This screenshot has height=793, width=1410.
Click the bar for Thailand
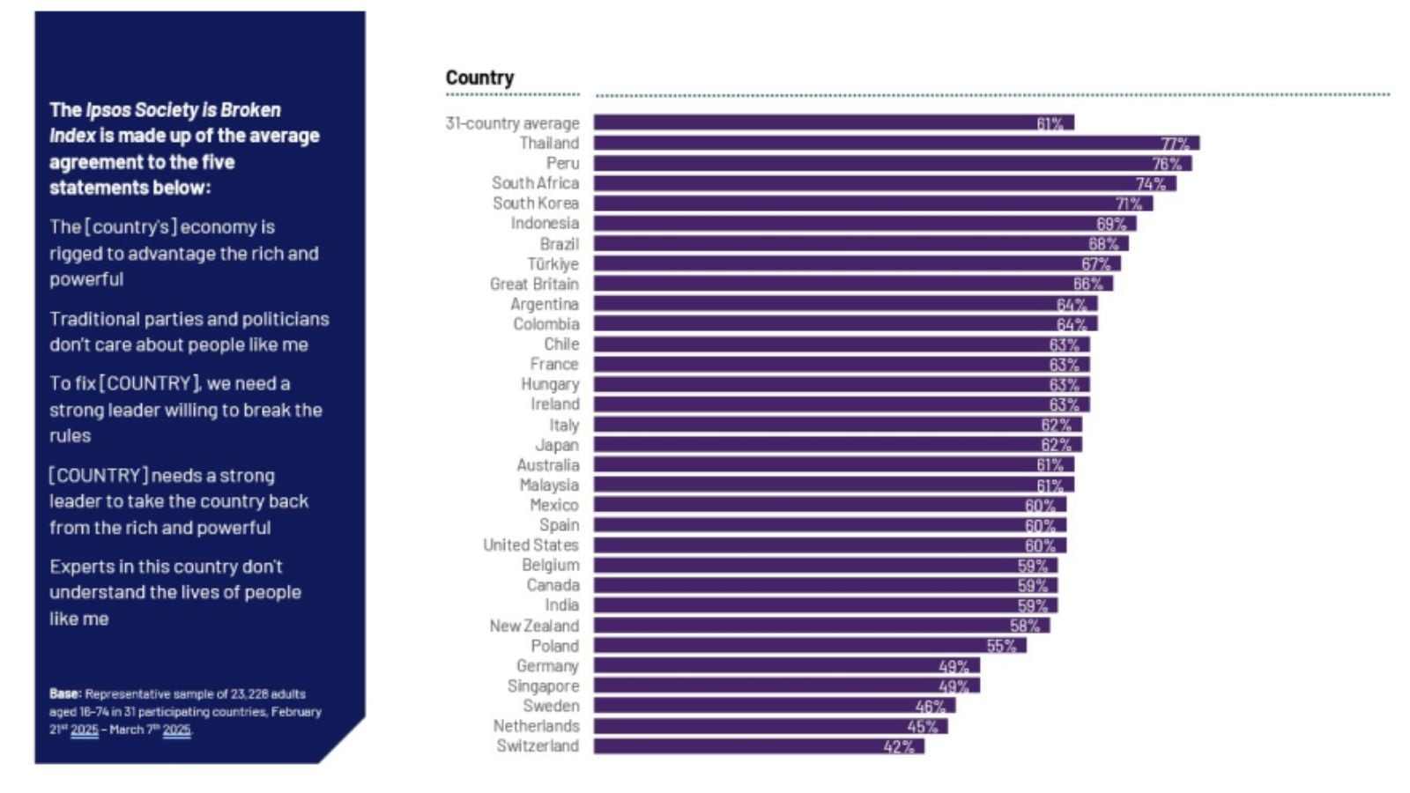tap(881, 143)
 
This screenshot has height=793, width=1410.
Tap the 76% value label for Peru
tap(1167, 164)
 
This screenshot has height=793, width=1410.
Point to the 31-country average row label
tap(512, 123)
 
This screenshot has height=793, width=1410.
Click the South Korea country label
tap(535, 204)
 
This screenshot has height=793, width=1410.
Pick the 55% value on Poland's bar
tap(1001, 646)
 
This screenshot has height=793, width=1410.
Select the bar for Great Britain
tap(837, 284)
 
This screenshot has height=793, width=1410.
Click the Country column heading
tap(479, 78)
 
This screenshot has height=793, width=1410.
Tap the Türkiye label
tap(553, 264)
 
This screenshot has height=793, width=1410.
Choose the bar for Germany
tap(775, 666)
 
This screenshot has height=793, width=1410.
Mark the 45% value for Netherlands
tap(923, 727)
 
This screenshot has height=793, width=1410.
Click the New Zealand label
tap(534, 626)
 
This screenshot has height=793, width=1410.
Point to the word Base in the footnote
tap(65, 694)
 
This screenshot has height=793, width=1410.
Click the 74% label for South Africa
tap(1151, 184)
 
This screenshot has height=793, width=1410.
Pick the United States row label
tap(531, 545)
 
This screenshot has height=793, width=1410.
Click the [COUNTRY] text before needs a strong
tap(98, 476)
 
